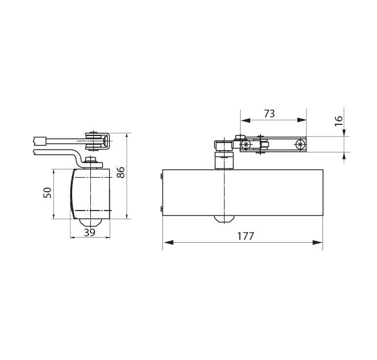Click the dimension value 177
(246, 236)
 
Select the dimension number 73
(269, 114)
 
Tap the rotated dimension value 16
(338, 121)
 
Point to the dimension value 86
(120, 172)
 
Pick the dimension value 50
(47, 193)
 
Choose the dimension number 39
(90, 233)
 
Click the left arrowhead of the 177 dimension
(168, 242)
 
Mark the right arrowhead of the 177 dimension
(317, 242)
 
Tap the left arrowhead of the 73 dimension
(246, 120)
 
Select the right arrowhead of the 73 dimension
(302, 120)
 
